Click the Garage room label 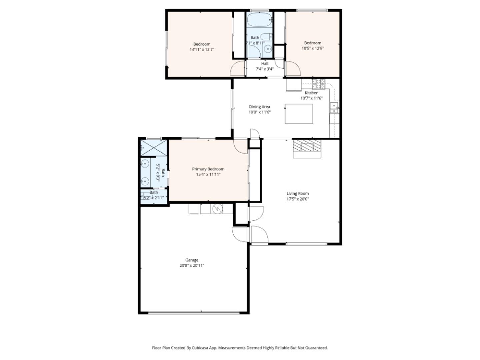point(192,260)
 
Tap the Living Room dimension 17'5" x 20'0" point(298,199)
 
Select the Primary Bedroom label point(208,169)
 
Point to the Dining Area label point(259,107)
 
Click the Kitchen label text point(312,93)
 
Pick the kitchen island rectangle point(299,114)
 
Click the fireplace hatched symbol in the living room point(307,145)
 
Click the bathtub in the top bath point(259,20)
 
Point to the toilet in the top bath point(266,37)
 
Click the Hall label point(265,63)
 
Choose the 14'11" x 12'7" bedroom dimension point(202,49)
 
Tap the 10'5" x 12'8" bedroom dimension point(313,48)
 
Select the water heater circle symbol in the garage point(217,209)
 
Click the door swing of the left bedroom point(238,68)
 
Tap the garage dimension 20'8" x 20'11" point(192,266)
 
